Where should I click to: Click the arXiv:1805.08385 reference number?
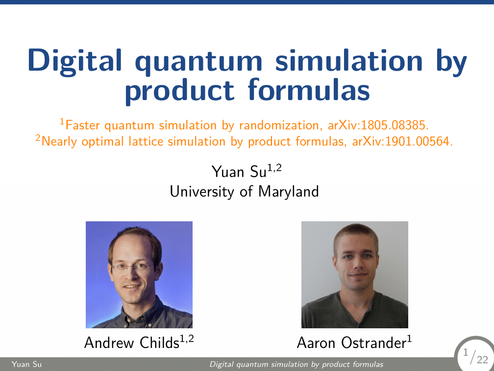[x=383, y=126]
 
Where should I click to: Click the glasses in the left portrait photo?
[x=132, y=267]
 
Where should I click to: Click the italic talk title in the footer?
[x=296, y=365]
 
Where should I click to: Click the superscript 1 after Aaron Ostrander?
[x=409, y=338]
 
